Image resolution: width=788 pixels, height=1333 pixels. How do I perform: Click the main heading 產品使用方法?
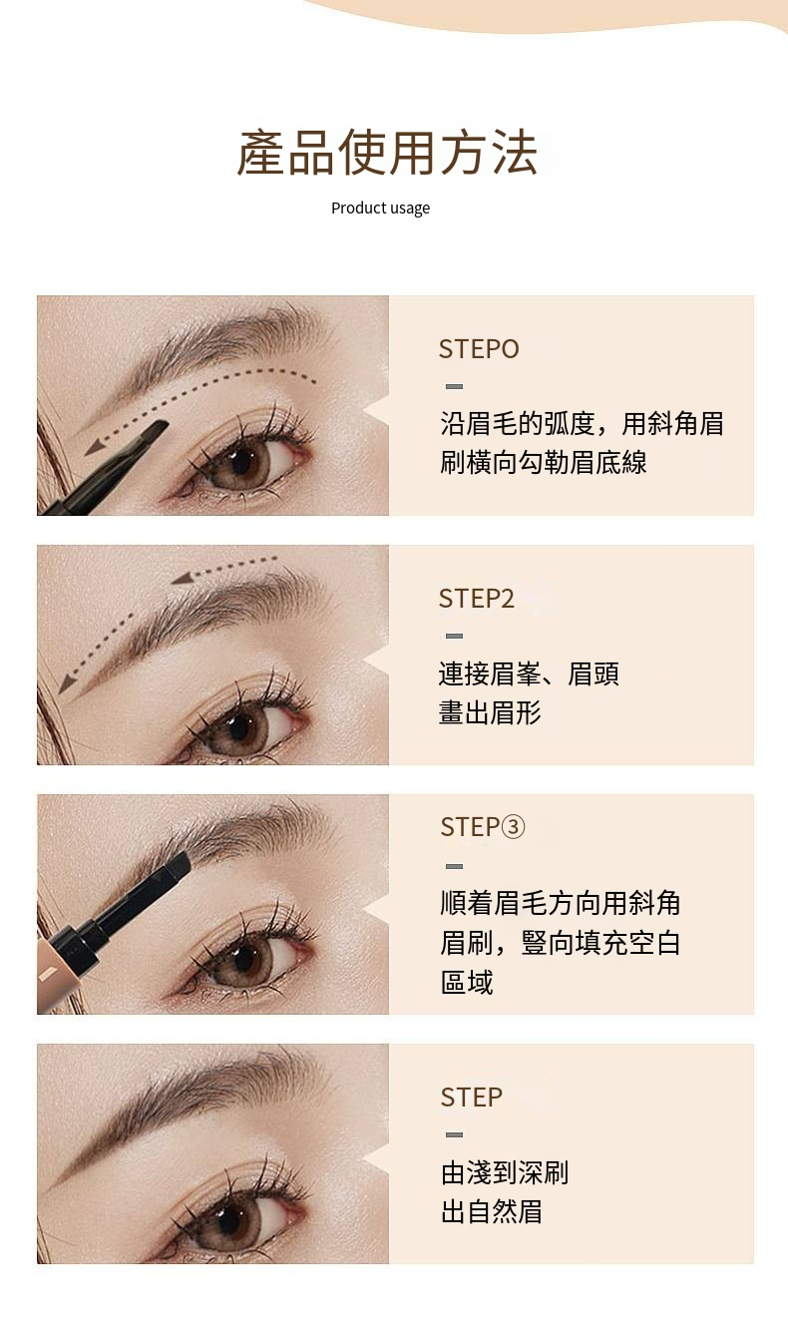point(387,153)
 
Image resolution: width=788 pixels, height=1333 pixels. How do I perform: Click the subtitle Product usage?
point(380,209)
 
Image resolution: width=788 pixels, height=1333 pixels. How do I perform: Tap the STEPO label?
point(479,349)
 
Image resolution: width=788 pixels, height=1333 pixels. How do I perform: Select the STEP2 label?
point(477,598)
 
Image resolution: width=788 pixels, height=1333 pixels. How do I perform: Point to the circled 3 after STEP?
point(514,826)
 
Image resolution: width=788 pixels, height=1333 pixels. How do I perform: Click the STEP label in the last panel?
point(472,1098)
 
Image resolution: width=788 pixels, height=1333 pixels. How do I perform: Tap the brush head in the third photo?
point(177,864)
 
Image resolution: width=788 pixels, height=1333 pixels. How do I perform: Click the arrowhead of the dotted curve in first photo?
point(94,448)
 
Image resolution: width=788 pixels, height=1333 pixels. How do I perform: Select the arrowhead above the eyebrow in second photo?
point(182,578)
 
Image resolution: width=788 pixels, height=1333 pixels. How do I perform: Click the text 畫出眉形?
point(490,712)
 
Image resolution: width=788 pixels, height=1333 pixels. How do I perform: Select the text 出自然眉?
point(491,1211)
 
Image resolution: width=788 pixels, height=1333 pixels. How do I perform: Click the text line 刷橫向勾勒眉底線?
point(543,463)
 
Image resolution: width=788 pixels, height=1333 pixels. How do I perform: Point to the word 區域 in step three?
point(467,983)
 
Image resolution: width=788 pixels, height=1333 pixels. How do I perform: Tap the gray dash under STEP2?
point(455,637)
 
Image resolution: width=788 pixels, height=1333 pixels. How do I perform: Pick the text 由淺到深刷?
point(505,1173)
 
